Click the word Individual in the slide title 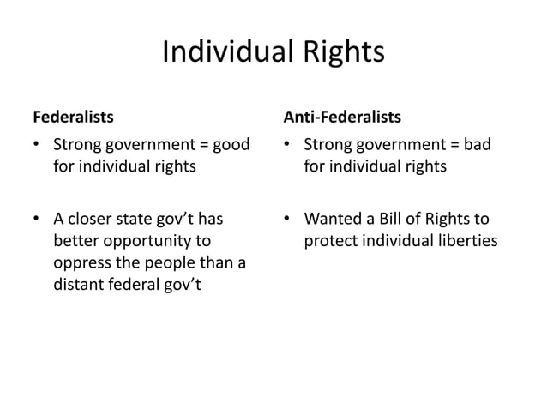pos(227,53)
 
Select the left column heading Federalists pos(72,115)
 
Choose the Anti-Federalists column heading pos(343,115)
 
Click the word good pos(231,144)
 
